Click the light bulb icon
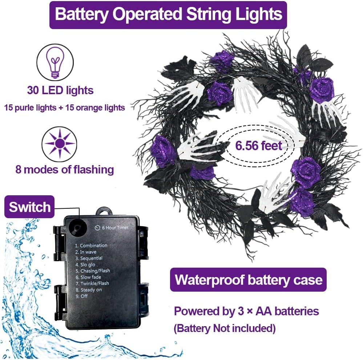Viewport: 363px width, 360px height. coord(55,62)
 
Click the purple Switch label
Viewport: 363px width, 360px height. coord(29,207)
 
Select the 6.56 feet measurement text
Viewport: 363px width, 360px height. coord(259,146)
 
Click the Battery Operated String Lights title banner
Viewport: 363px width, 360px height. coord(168,15)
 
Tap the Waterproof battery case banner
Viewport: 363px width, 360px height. coord(249,280)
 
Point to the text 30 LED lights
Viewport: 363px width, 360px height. coord(60,90)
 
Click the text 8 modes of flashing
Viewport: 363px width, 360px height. coord(65,169)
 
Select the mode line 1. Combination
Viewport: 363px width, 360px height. coord(91,245)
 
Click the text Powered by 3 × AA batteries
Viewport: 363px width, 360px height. coord(246,311)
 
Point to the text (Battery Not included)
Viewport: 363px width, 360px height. coord(225,328)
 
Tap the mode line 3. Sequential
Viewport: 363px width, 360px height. coord(89,258)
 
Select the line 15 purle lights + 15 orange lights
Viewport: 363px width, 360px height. coord(65,108)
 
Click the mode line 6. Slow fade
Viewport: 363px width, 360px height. coord(88,277)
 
